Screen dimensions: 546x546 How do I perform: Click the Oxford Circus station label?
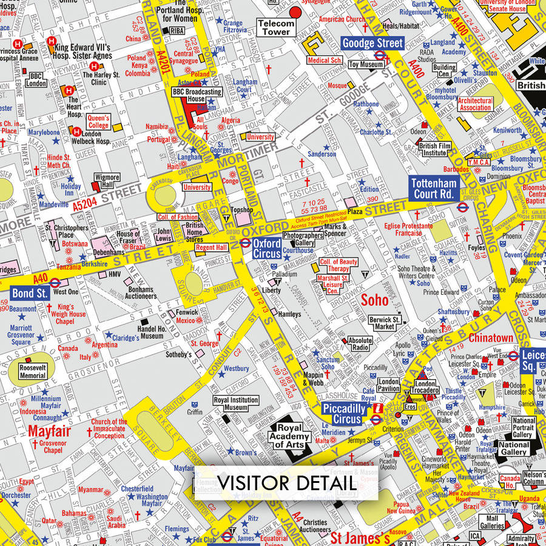267,248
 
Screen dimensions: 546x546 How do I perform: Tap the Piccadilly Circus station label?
344,414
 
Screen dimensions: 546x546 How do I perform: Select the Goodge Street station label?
372,43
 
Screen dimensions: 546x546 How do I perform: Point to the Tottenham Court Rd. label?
433,189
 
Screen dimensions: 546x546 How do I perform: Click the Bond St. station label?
29,293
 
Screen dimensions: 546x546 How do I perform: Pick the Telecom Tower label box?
276,27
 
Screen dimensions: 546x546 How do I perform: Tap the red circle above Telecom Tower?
296,11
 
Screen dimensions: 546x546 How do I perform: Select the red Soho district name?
374,300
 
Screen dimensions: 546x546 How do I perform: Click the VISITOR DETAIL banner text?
286,483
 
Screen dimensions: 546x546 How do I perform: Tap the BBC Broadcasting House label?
197,95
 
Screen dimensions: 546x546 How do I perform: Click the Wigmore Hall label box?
107,181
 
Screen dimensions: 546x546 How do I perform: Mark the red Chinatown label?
491,338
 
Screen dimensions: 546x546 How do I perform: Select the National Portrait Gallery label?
524,428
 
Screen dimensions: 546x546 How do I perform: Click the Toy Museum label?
366,64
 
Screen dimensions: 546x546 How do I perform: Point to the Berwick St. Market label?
384,323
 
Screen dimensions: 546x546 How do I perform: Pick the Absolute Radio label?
360,344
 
